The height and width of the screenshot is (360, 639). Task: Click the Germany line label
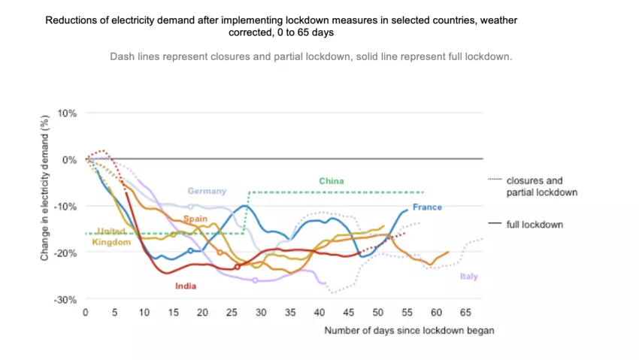[x=207, y=191]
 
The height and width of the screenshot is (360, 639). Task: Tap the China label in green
[x=331, y=181]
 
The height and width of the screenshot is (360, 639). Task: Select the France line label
[x=427, y=207]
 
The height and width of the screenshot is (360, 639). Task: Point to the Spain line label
[x=195, y=218]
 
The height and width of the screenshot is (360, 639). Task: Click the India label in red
[x=186, y=286]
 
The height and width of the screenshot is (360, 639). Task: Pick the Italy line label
[x=468, y=277]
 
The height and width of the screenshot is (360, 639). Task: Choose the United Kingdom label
[x=111, y=236]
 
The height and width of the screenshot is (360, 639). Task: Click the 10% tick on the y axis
[x=68, y=113]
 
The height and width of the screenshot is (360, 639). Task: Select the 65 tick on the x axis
[x=465, y=312]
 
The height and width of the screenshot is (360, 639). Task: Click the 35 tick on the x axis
[x=289, y=312]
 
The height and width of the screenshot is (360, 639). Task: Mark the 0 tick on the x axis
[x=86, y=312]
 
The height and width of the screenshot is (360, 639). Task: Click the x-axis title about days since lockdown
[x=409, y=330]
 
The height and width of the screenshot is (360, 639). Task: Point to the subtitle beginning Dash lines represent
[x=310, y=56]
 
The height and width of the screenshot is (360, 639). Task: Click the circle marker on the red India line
[x=238, y=267]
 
